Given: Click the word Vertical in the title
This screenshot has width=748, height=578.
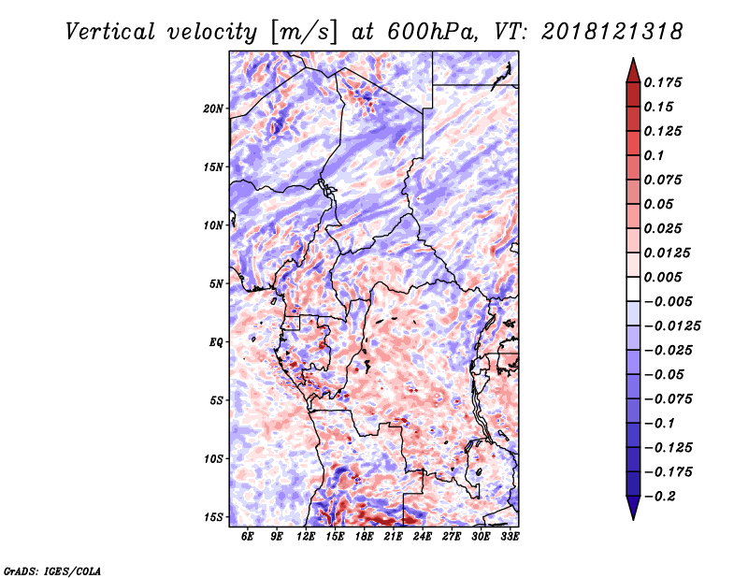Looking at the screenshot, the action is pyautogui.click(x=110, y=32).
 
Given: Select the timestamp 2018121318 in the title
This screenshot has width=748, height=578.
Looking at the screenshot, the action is pyautogui.click(x=612, y=32).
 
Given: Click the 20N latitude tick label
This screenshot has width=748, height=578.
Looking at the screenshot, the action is pyautogui.click(x=213, y=108).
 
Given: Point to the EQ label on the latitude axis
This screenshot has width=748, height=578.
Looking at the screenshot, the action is pyautogui.click(x=216, y=342).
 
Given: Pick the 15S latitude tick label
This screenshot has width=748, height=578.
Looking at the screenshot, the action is pyautogui.click(x=213, y=517).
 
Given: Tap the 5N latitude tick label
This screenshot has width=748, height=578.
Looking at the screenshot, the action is pyautogui.click(x=216, y=284).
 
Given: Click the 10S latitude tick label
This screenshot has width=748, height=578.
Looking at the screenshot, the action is pyautogui.click(x=213, y=459).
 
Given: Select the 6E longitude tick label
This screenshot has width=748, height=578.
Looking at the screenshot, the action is pyautogui.click(x=247, y=536).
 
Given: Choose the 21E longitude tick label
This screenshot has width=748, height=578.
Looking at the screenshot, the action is pyautogui.click(x=393, y=536).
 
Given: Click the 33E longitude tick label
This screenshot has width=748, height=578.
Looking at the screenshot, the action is pyautogui.click(x=510, y=536).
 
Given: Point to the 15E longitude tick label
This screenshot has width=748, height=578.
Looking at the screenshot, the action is pyautogui.click(x=335, y=536).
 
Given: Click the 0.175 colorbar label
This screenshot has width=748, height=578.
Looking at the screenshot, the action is pyautogui.click(x=663, y=82).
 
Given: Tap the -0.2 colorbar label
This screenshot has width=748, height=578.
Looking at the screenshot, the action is pyautogui.click(x=661, y=497).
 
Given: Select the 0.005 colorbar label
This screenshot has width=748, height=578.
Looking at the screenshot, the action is pyautogui.click(x=663, y=277).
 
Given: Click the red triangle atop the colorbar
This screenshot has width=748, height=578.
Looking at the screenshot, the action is pyautogui.click(x=633, y=70).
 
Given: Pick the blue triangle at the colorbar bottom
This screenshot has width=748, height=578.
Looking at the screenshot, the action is pyautogui.click(x=633, y=508).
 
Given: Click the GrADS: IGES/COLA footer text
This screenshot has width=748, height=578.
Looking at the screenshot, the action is pyautogui.click(x=52, y=571).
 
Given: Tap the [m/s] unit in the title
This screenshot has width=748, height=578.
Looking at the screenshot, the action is pyautogui.click(x=303, y=32).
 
